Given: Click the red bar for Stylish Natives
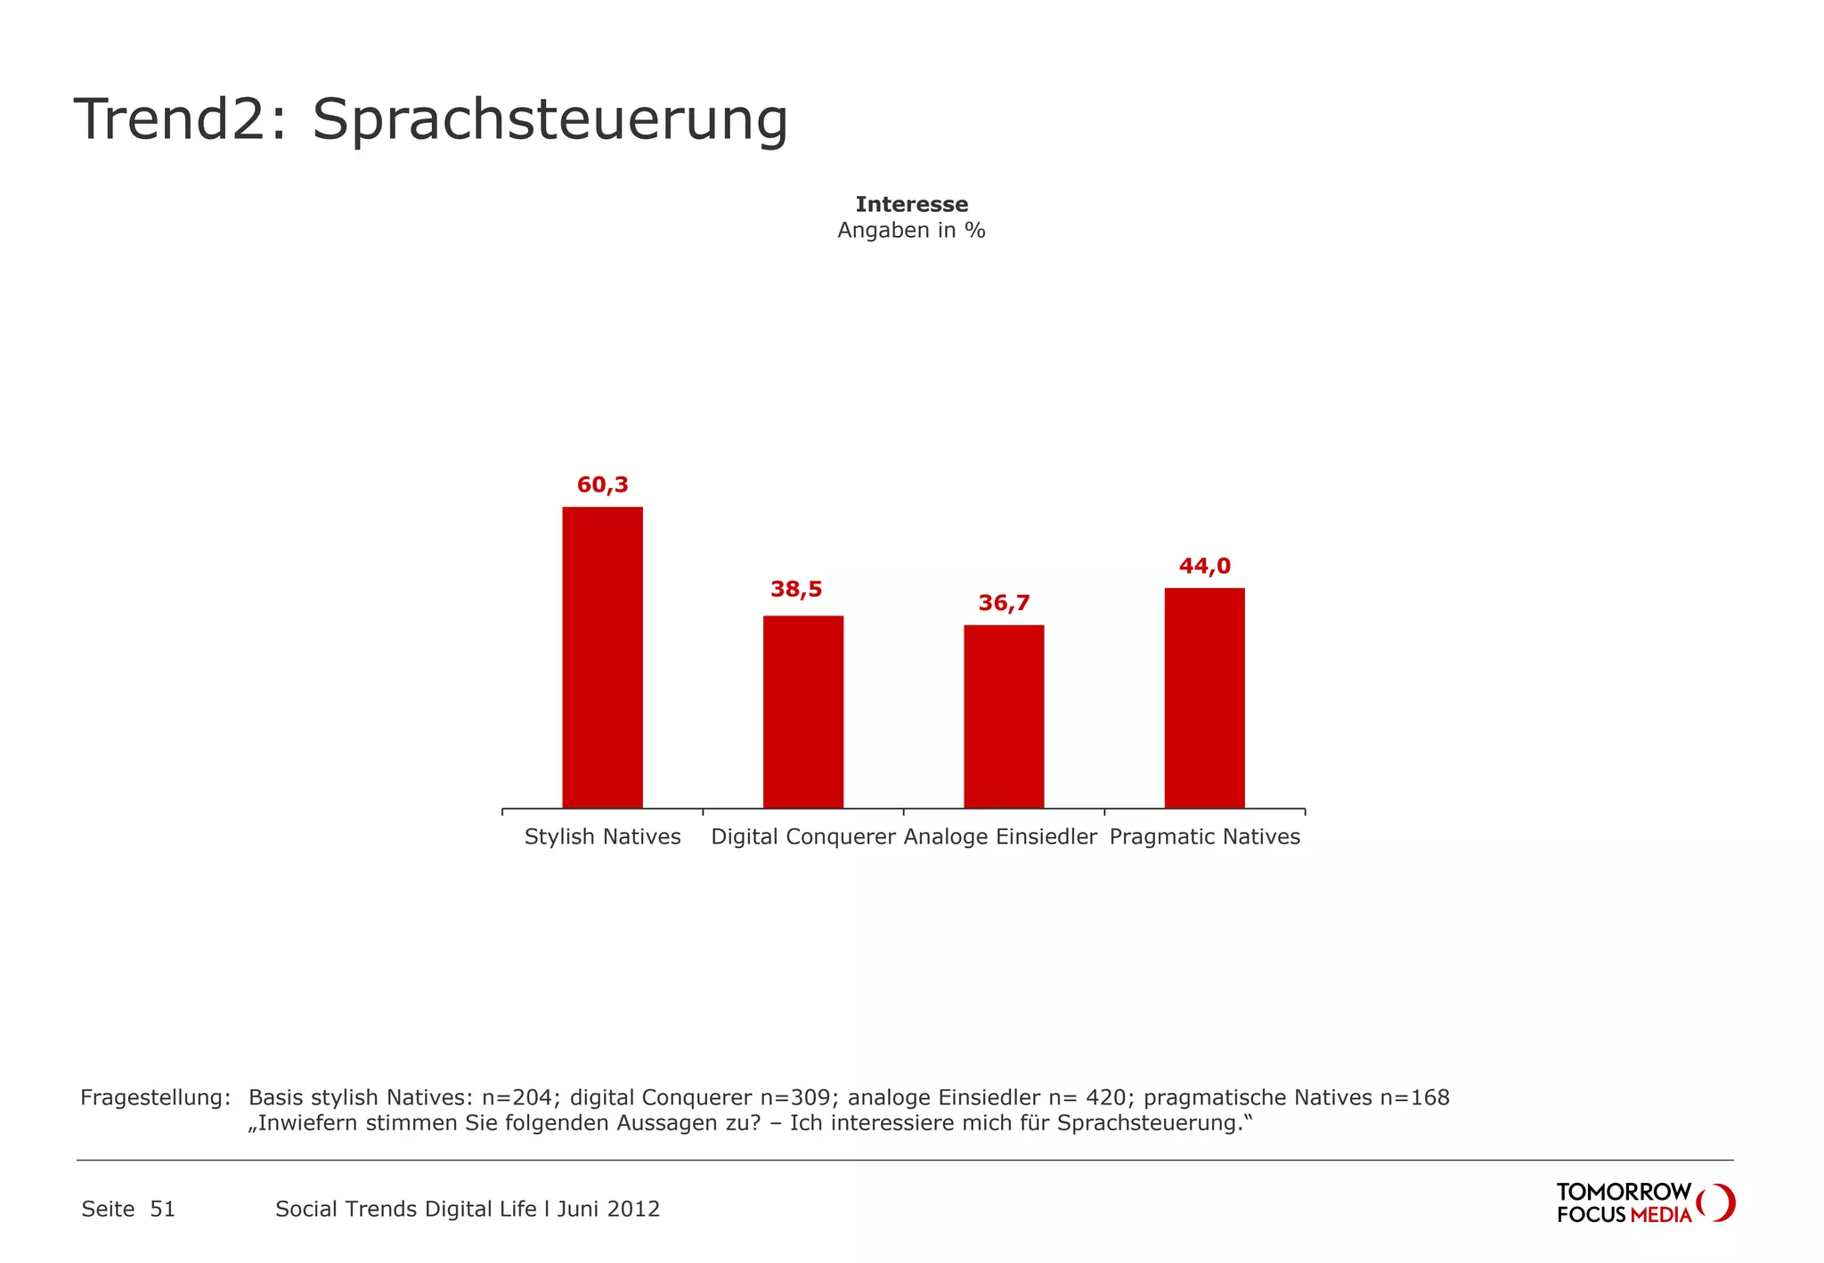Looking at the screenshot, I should pos(602,657).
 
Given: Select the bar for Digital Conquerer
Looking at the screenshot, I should pos(802,712).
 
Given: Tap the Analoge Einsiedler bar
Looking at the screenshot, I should pos(1004,716).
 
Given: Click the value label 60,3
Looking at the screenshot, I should pos(602,485).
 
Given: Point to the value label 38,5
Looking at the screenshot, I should pos(796,590).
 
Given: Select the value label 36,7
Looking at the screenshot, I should pos(1004,604).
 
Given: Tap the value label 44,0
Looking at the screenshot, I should pos(1204,566).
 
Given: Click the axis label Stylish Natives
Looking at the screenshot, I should pos(602,837).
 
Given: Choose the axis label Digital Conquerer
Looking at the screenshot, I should pos(802,837).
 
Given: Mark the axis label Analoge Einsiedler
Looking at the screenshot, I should pos(1000,837).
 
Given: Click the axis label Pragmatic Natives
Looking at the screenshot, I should pos(1204,837).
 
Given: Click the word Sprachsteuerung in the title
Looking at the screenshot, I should pos(550,120).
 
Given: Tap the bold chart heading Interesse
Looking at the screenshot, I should pos(911,205).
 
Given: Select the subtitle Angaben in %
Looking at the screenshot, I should pos(911,231).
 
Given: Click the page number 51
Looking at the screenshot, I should pos(162,1210).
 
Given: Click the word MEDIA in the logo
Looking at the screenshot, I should pos(1661,1216).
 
